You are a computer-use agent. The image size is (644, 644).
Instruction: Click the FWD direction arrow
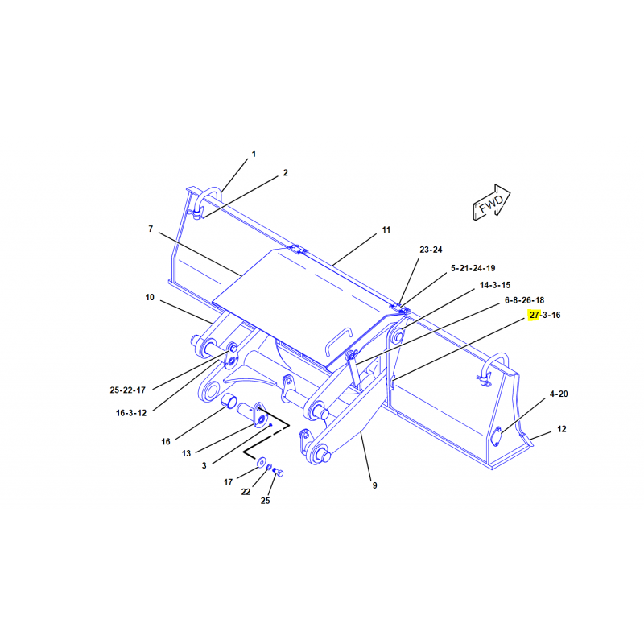pos(491,202)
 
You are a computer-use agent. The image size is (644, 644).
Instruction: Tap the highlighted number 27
pos(534,315)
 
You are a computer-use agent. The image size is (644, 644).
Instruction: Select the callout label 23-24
pos(431,250)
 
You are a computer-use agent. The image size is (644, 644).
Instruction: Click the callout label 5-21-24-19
pos(473,268)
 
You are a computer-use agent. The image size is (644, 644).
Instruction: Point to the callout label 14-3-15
pos(495,285)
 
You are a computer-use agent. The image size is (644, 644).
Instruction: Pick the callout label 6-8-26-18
pos(525,300)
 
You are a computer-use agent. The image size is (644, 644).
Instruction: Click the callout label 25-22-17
pos(128,390)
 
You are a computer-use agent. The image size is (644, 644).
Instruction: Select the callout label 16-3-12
pos(131,413)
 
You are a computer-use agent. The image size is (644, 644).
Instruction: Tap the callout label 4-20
pos(559,394)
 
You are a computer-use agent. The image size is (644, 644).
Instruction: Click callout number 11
pos(386,230)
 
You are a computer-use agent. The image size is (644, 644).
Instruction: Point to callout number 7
pos(151,229)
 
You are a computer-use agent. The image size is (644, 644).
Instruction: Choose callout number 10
pos(150,297)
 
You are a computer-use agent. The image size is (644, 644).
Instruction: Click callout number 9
pos(374,485)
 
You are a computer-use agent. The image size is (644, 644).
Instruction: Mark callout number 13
pos(187,453)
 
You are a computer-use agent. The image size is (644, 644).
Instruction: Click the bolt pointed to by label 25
pos(278,473)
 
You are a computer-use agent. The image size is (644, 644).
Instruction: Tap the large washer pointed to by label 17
pos(261,463)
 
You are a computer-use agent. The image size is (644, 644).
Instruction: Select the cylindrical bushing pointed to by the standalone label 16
pos(229,401)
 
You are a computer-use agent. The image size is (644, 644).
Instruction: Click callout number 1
pos(254,154)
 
